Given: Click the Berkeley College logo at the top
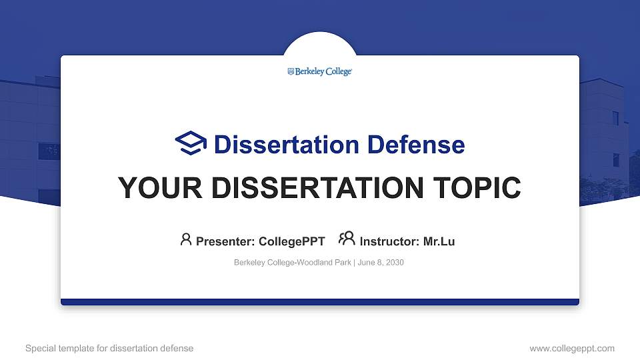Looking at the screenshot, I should pos(320,71).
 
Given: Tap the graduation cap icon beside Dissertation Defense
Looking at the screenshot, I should pos(191,143).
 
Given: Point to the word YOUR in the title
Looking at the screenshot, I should pos(153,189).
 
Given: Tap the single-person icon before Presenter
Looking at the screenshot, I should pos(186,239).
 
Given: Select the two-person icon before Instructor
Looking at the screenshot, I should pos(347,239).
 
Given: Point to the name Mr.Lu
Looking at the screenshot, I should pos(439,241).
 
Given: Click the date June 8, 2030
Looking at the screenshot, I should pos(381,263).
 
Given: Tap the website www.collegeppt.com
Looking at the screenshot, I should pos(572,348).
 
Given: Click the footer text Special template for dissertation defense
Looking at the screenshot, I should pos(109,348).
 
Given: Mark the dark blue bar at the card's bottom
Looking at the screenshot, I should pos(320,302).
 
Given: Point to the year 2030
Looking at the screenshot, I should pos(394,263).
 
